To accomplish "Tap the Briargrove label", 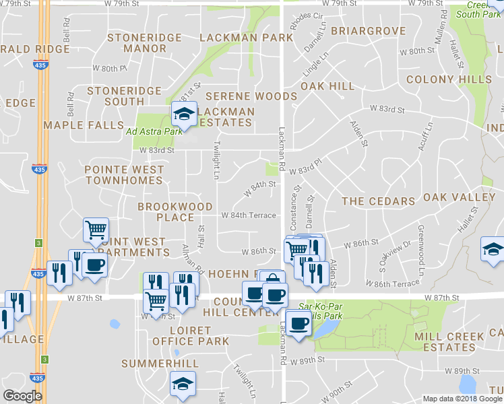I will (x=369, y=31).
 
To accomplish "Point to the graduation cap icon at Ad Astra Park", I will (x=183, y=114).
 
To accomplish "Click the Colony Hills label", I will (x=449, y=79).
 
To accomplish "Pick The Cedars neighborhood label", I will (x=378, y=201).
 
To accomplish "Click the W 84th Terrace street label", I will (x=249, y=215).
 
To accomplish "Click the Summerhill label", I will (x=160, y=364).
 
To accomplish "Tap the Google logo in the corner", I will (x=22, y=396).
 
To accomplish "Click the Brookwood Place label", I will (x=175, y=212).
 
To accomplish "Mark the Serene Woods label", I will (x=251, y=97).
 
